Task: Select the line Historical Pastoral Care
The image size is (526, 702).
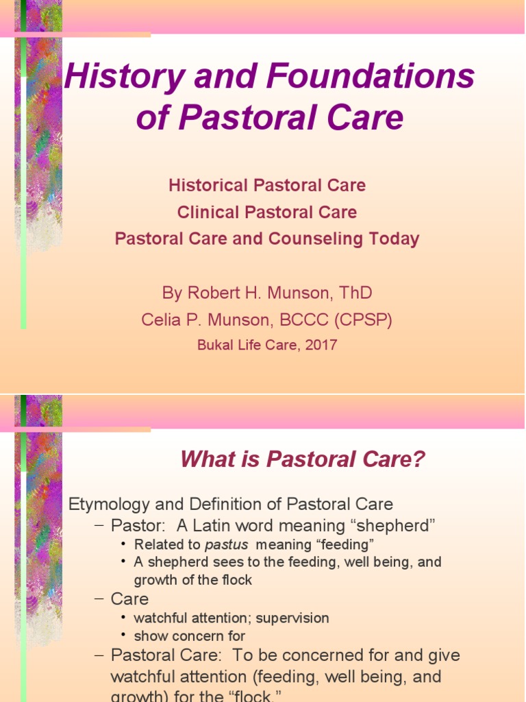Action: pyautogui.click(x=267, y=185)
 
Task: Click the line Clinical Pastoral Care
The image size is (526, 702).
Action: pyautogui.click(x=267, y=213)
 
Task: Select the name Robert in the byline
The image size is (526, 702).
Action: pyautogui.click(x=216, y=293)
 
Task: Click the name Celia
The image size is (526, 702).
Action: pyautogui.click(x=162, y=320)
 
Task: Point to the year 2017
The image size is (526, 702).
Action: pyautogui.click(x=321, y=346)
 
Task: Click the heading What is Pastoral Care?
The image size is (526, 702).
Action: pyautogui.click(x=303, y=460)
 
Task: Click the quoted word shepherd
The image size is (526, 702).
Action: pyautogui.click(x=397, y=526)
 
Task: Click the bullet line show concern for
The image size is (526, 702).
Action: pyautogui.click(x=190, y=636)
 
